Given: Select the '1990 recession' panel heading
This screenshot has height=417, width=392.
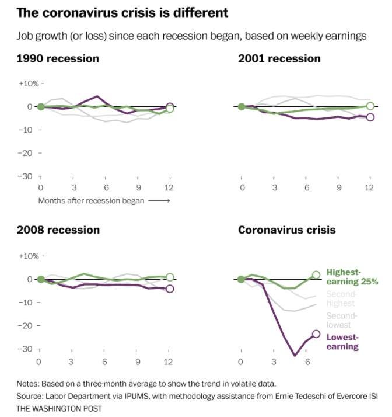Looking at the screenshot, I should pyautogui.click(x=58, y=58).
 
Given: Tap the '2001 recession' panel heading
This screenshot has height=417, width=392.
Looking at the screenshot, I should pyautogui.click(x=279, y=58).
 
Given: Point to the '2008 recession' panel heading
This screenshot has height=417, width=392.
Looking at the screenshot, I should pyautogui.click(x=58, y=230).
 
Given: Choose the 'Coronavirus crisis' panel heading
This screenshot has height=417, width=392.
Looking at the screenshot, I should pyautogui.click(x=286, y=230).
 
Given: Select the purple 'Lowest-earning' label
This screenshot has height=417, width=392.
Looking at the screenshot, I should pyautogui.click(x=342, y=342).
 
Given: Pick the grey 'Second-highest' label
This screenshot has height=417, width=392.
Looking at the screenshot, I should pyautogui.click(x=341, y=298).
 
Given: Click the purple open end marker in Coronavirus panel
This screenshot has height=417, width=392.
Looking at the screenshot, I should pyautogui.click(x=316, y=334).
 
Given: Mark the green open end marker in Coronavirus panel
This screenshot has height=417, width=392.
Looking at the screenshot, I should pyautogui.click(x=316, y=274).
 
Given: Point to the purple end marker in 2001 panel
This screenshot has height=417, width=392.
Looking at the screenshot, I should pyautogui.click(x=370, y=117).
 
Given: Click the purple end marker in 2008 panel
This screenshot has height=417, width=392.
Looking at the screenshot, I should pyautogui.click(x=170, y=289).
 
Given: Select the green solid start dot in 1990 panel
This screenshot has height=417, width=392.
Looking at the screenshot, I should pyautogui.click(x=41, y=107).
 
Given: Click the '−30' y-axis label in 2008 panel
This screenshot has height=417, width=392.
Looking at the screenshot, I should pyautogui.click(x=26, y=349).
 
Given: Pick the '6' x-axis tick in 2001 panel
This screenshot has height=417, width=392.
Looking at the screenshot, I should pyautogui.click(x=306, y=187).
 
